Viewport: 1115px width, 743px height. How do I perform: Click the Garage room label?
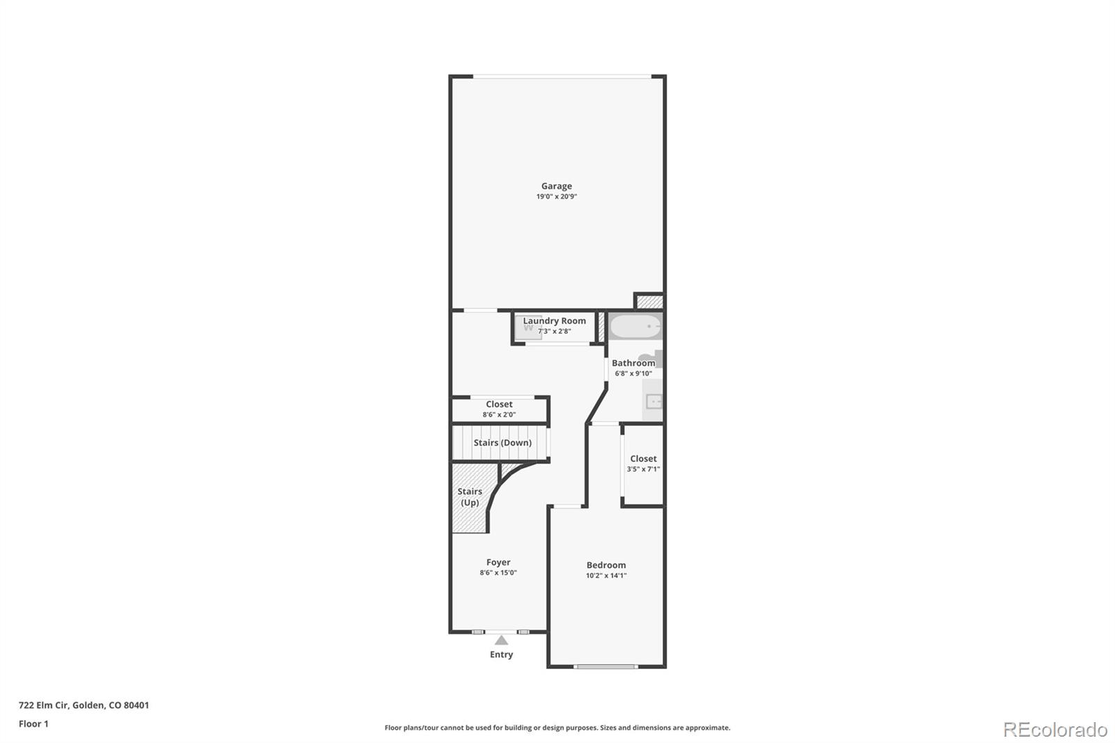556,186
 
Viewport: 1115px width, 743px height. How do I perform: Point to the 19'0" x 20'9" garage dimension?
556,197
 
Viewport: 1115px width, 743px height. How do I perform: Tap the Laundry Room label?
554,321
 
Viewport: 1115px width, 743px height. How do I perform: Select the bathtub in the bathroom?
635,326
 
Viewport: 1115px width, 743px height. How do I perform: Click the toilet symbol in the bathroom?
648,358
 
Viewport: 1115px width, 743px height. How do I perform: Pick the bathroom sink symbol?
654,401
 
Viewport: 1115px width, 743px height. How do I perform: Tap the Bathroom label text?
633,363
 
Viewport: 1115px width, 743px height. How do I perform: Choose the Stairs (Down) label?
502,443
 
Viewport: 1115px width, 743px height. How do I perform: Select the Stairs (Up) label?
470,497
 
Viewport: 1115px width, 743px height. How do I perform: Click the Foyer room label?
498,562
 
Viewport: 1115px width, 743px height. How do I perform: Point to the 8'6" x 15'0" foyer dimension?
498,573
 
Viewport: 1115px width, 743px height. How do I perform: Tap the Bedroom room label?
606,565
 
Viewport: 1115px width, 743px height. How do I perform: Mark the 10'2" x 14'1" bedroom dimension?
606,576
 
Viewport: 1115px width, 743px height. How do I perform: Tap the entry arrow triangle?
501,640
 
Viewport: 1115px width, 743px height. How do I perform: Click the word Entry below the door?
501,654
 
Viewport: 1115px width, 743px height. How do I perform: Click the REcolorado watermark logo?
1055,729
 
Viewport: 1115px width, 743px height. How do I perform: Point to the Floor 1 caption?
33,723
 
